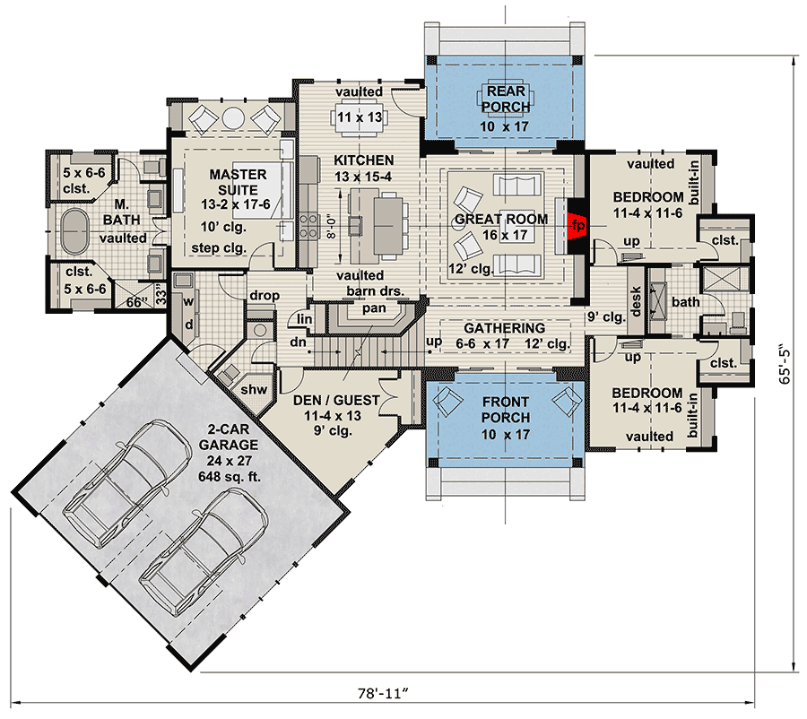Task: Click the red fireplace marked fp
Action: coord(577,224)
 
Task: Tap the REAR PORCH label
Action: coord(505,100)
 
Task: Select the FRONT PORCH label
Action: coord(505,410)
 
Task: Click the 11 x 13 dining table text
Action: coord(359,117)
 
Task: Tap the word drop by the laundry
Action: coord(265,296)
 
